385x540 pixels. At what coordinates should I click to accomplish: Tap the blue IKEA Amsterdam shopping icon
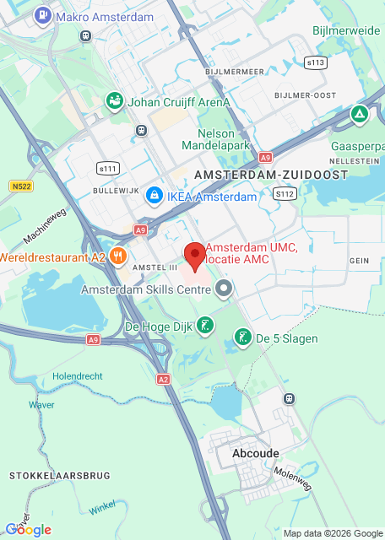(154, 197)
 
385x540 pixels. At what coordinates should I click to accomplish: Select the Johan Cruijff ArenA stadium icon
(114, 102)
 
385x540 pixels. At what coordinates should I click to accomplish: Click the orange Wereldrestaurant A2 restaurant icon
(118, 256)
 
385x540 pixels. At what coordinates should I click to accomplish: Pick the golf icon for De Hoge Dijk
(205, 326)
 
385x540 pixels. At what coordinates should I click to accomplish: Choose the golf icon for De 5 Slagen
(242, 338)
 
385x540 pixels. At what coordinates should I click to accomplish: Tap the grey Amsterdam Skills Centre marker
(224, 290)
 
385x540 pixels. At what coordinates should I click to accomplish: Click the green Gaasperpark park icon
(360, 113)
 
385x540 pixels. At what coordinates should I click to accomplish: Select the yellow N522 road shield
(22, 186)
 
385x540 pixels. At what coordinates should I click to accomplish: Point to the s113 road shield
(317, 62)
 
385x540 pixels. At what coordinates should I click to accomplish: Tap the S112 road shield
(285, 193)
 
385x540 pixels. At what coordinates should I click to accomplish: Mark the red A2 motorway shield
(163, 381)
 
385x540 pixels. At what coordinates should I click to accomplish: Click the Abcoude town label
(255, 453)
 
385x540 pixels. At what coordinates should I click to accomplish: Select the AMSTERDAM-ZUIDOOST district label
(271, 174)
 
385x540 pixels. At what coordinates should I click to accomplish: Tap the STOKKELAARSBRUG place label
(59, 476)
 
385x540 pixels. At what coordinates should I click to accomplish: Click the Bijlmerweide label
(345, 30)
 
